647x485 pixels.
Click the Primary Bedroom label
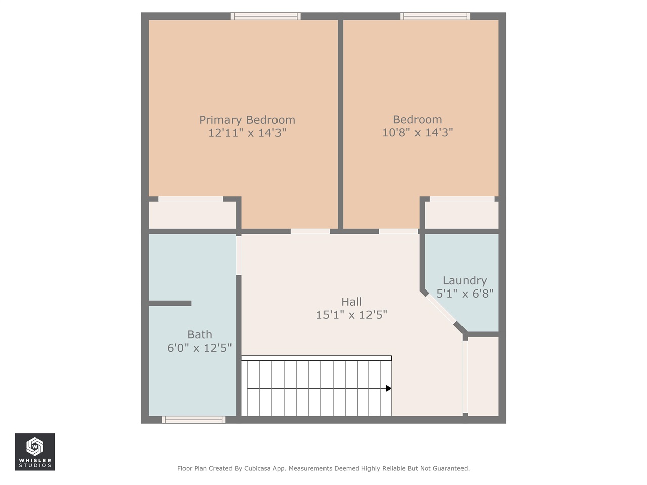pos(247,120)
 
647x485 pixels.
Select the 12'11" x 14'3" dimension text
pos(247,133)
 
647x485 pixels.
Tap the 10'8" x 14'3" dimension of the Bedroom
pos(418,132)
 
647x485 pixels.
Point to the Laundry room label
pos(465,280)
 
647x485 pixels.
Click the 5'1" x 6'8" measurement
pos(465,294)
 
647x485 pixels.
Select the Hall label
pos(351,302)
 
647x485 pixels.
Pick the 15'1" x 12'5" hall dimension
pos(351,315)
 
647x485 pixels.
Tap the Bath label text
pos(200,334)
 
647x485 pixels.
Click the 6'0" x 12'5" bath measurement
pos(200,348)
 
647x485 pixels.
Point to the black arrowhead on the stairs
pos(389,389)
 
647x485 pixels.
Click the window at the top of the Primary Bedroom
pos(265,16)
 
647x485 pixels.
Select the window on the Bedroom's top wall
pos(435,16)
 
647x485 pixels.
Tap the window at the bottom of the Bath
pos(194,420)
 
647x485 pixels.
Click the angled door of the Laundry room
pos(441,308)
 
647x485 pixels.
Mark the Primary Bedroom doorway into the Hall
pos(310,231)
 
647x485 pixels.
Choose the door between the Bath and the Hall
pos(239,255)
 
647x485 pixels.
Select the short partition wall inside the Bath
pos(170,303)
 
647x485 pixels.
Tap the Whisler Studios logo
pos(34,452)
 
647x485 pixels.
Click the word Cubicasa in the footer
pos(256,468)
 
